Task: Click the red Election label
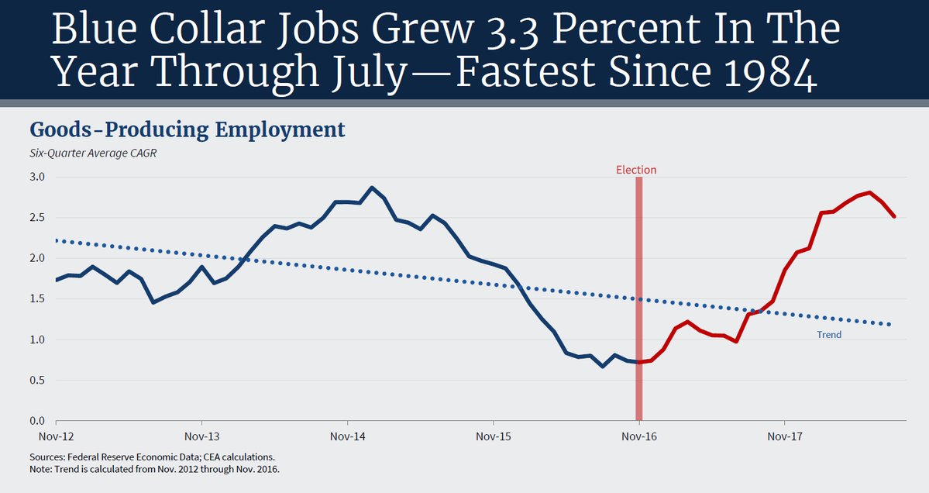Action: (636, 170)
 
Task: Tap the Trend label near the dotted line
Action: (828, 335)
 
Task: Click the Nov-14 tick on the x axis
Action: (347, 436)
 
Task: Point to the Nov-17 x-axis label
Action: (784, 436)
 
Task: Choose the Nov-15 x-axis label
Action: (494, 436)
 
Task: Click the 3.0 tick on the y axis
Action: (38, 177)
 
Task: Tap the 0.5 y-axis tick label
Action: (38, 380)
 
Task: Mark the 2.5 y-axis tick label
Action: (38, 217)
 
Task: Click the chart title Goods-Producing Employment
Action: (187, 129)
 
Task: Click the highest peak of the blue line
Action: (372, 188)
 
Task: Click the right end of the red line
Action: (894, 216)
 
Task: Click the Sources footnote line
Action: (152, 457)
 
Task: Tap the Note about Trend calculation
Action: (154, 470)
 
